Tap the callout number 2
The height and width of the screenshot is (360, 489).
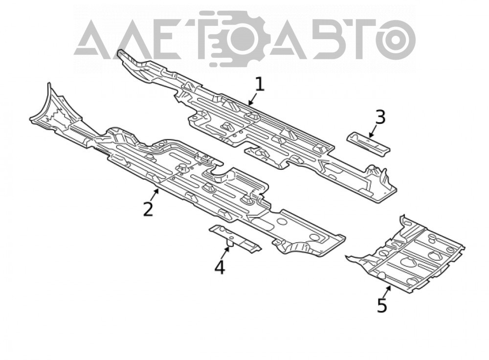tap(148, 209)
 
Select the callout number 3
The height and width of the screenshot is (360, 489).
tap(380, 117)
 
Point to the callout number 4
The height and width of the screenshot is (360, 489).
tap(220, 268)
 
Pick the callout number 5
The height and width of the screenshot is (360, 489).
tap(382, 305)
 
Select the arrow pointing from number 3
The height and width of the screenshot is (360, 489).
tap(373, 131)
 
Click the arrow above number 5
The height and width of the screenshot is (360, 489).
tap(388, 291)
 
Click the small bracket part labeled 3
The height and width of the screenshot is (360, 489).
tap(369, 144)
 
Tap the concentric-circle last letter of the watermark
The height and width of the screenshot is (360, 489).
tap(395, 40)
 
